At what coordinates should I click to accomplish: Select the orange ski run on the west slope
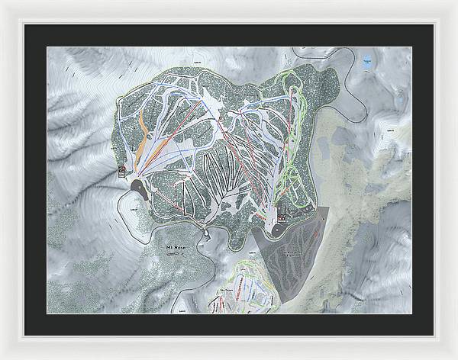pyautogui.click(x=140, y=141)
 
